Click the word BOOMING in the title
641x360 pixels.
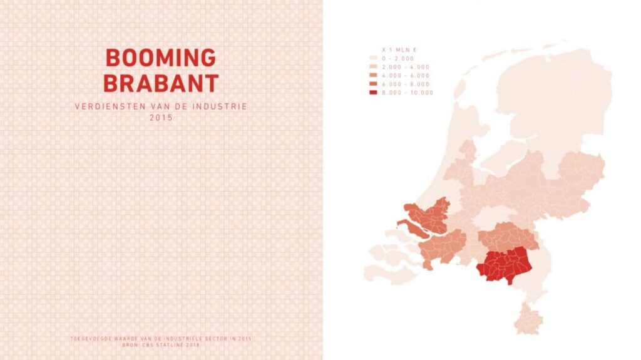coord(161,58)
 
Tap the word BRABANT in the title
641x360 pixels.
coord(161,83)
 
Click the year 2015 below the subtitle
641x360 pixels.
coord(161,117)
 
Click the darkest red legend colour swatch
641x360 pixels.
coord(373,93)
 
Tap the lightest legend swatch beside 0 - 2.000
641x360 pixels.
coord(373,57)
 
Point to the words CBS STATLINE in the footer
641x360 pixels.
coord(158,345)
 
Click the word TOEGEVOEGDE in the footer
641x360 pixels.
coord(91,339)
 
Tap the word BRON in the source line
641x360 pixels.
coord(129,345)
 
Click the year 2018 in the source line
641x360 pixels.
coord(193,345)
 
